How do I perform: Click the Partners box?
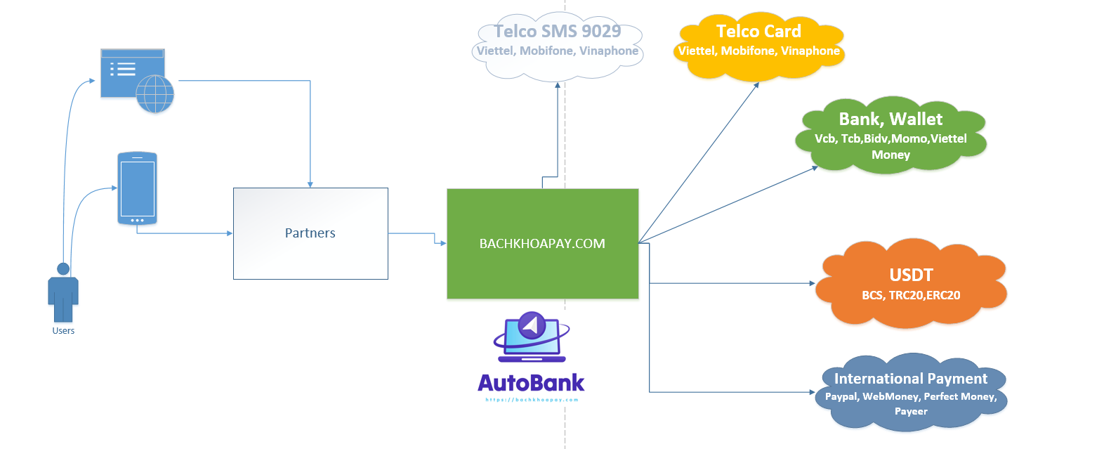point(310,233)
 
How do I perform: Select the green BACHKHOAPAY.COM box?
point(542,243)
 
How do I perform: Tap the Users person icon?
point(63,292)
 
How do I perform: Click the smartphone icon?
point(137,188)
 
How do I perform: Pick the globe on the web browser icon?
point(155,93)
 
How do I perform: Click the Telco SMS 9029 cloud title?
point(558,31)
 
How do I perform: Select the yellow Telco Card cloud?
point(758,44)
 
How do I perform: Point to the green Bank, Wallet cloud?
point(890,135)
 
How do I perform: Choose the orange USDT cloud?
point(911,283)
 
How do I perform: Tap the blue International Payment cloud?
point(911,392)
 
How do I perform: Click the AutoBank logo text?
point(531,383)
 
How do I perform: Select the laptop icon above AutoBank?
point(532,337)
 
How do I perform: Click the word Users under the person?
point(63,331)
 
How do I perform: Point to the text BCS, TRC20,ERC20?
point(911,296)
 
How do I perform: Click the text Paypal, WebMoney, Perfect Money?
point(910,397)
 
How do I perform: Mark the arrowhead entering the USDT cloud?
point(812,283)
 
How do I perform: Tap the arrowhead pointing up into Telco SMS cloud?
point(558,85)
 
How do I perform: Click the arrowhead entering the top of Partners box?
point(310,184)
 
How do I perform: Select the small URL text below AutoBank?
point(532,400)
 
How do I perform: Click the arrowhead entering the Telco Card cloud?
point(756,85)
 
